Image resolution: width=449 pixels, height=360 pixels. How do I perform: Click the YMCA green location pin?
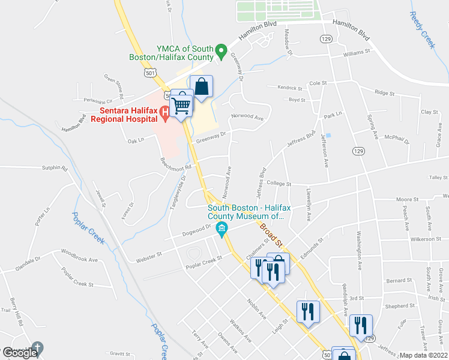click(221, 50)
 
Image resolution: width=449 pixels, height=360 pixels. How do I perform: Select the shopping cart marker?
click(182, 105)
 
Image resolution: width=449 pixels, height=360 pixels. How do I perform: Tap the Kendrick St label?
click(292, 88)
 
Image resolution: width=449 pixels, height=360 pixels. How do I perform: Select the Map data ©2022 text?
click(424, 355)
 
